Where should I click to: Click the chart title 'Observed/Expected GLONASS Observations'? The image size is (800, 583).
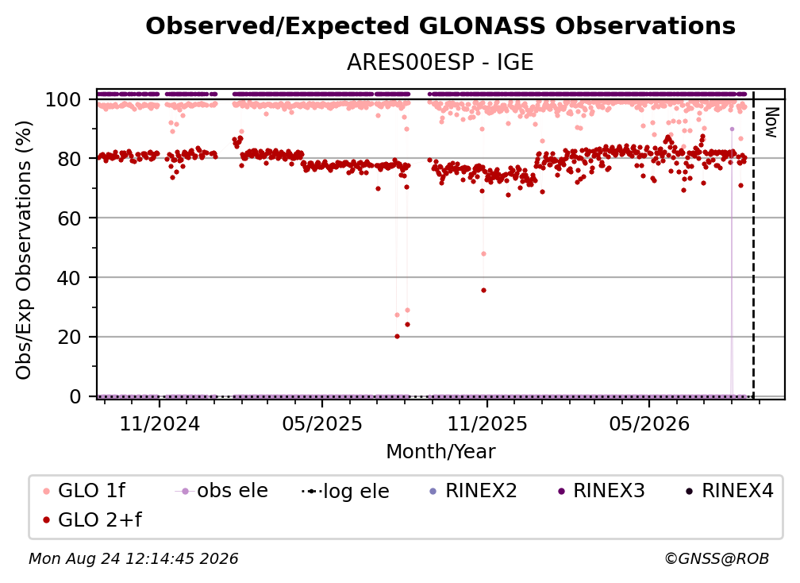pyautogui.click(x=440, y=26)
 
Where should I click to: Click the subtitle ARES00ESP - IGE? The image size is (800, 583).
pyautogui.click(x=440, y=63)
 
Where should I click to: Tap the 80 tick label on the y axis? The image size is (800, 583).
pyautogui.click(x=69, y=159)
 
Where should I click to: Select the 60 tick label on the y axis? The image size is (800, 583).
pyautogui.click(x=69, y=218)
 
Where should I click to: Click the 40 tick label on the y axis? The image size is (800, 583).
pyautogui.click(x=69, y=278)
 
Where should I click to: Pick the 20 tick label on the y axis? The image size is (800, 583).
pyautogui.click(x=69, y=337)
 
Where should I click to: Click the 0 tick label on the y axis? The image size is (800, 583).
pyautogui.click(x=75, y=396)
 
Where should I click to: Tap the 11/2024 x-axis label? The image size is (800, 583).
pyautogui.click(x=160, y=423)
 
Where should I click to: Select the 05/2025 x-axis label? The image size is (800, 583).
pyautogui.click(x=322, y=423)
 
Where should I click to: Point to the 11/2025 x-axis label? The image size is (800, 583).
pyautogui.click(x=487, y=423)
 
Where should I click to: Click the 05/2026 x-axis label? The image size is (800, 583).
pyautogui.click(x=649, y=423)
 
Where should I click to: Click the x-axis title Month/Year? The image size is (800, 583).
pyautogui.click(x=440, y=452)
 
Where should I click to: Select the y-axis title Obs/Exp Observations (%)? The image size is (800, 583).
pyautogui.click(x=24, y=250)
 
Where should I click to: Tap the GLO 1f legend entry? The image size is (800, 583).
pyautogui.click(x=84, y=491)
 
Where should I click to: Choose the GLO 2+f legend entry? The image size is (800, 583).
pyautogui.click(x=92, y=520)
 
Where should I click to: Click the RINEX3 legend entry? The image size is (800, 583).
pyautogui.click(x=602, y=491)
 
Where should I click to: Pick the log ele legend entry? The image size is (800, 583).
pyautogui.click(x=345, y=491)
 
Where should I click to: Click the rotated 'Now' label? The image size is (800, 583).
pyautogui.click(x=772, y=122)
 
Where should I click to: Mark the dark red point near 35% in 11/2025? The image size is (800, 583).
pyautogui.click(x=483, y=291)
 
